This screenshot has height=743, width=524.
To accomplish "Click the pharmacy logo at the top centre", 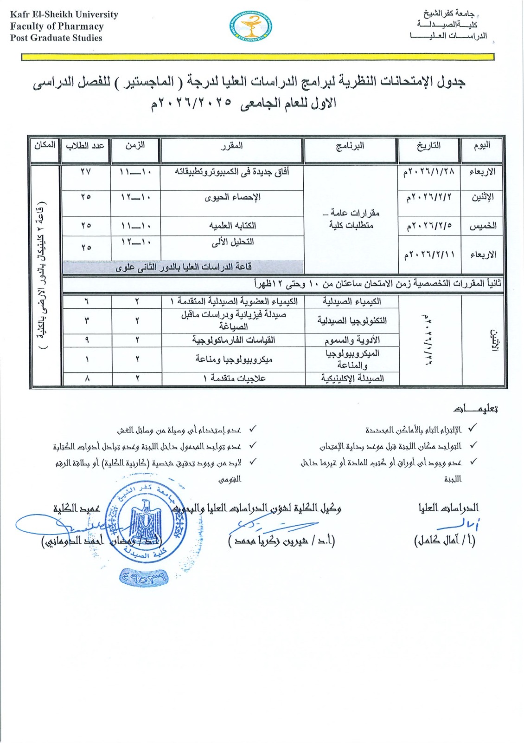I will pyautogui.click(x=251, y=26).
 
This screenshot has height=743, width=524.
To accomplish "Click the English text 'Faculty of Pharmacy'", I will pyautogui.click(x=57, y=26).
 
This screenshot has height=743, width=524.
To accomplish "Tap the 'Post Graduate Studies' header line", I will pyautogui.click(x=56, y=38).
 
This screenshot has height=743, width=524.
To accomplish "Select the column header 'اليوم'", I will pyautogui.click(x=482, y=146).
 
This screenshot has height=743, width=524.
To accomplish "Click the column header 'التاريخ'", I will pyautogui.click(x=428, y=146).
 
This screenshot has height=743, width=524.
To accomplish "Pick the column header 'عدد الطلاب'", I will pyautogui.click(x=85, y=146).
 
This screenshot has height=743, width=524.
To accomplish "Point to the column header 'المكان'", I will pyautogui.click(x=45, y=145).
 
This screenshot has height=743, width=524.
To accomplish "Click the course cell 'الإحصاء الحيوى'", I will pyautogui.click(x=232, y=197).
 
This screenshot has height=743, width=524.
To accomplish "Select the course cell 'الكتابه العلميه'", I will pyautogui.click(x=232, y=226).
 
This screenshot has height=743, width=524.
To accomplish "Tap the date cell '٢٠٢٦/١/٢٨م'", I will pyautogui.click(x=429, y=172).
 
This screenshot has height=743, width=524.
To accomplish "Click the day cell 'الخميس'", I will pyautogui.click(x=483, y=226).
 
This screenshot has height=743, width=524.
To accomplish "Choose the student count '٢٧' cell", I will pyautogui.click(x=86, y=172).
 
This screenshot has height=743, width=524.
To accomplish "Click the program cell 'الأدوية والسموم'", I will pyautogui.click(x=352, y=340).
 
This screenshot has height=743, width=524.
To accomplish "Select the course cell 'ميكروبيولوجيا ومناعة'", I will pyautogui.click(x=234, y=359).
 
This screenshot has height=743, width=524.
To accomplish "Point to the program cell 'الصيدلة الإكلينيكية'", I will pyautogui.click(x=352, y=378).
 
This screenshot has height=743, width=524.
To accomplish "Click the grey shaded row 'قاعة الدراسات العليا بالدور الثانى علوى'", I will pyautogui.click(x=184, y=267).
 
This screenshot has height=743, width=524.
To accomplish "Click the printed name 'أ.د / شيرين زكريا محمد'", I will pyautogui.click(x=281, y=541).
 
